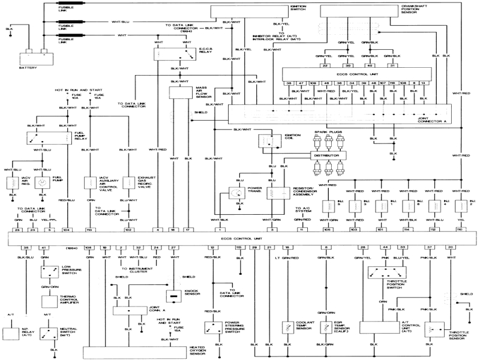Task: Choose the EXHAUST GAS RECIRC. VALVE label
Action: click(x=148, y=182)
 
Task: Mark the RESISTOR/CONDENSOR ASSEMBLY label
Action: click(x=304, y=193)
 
